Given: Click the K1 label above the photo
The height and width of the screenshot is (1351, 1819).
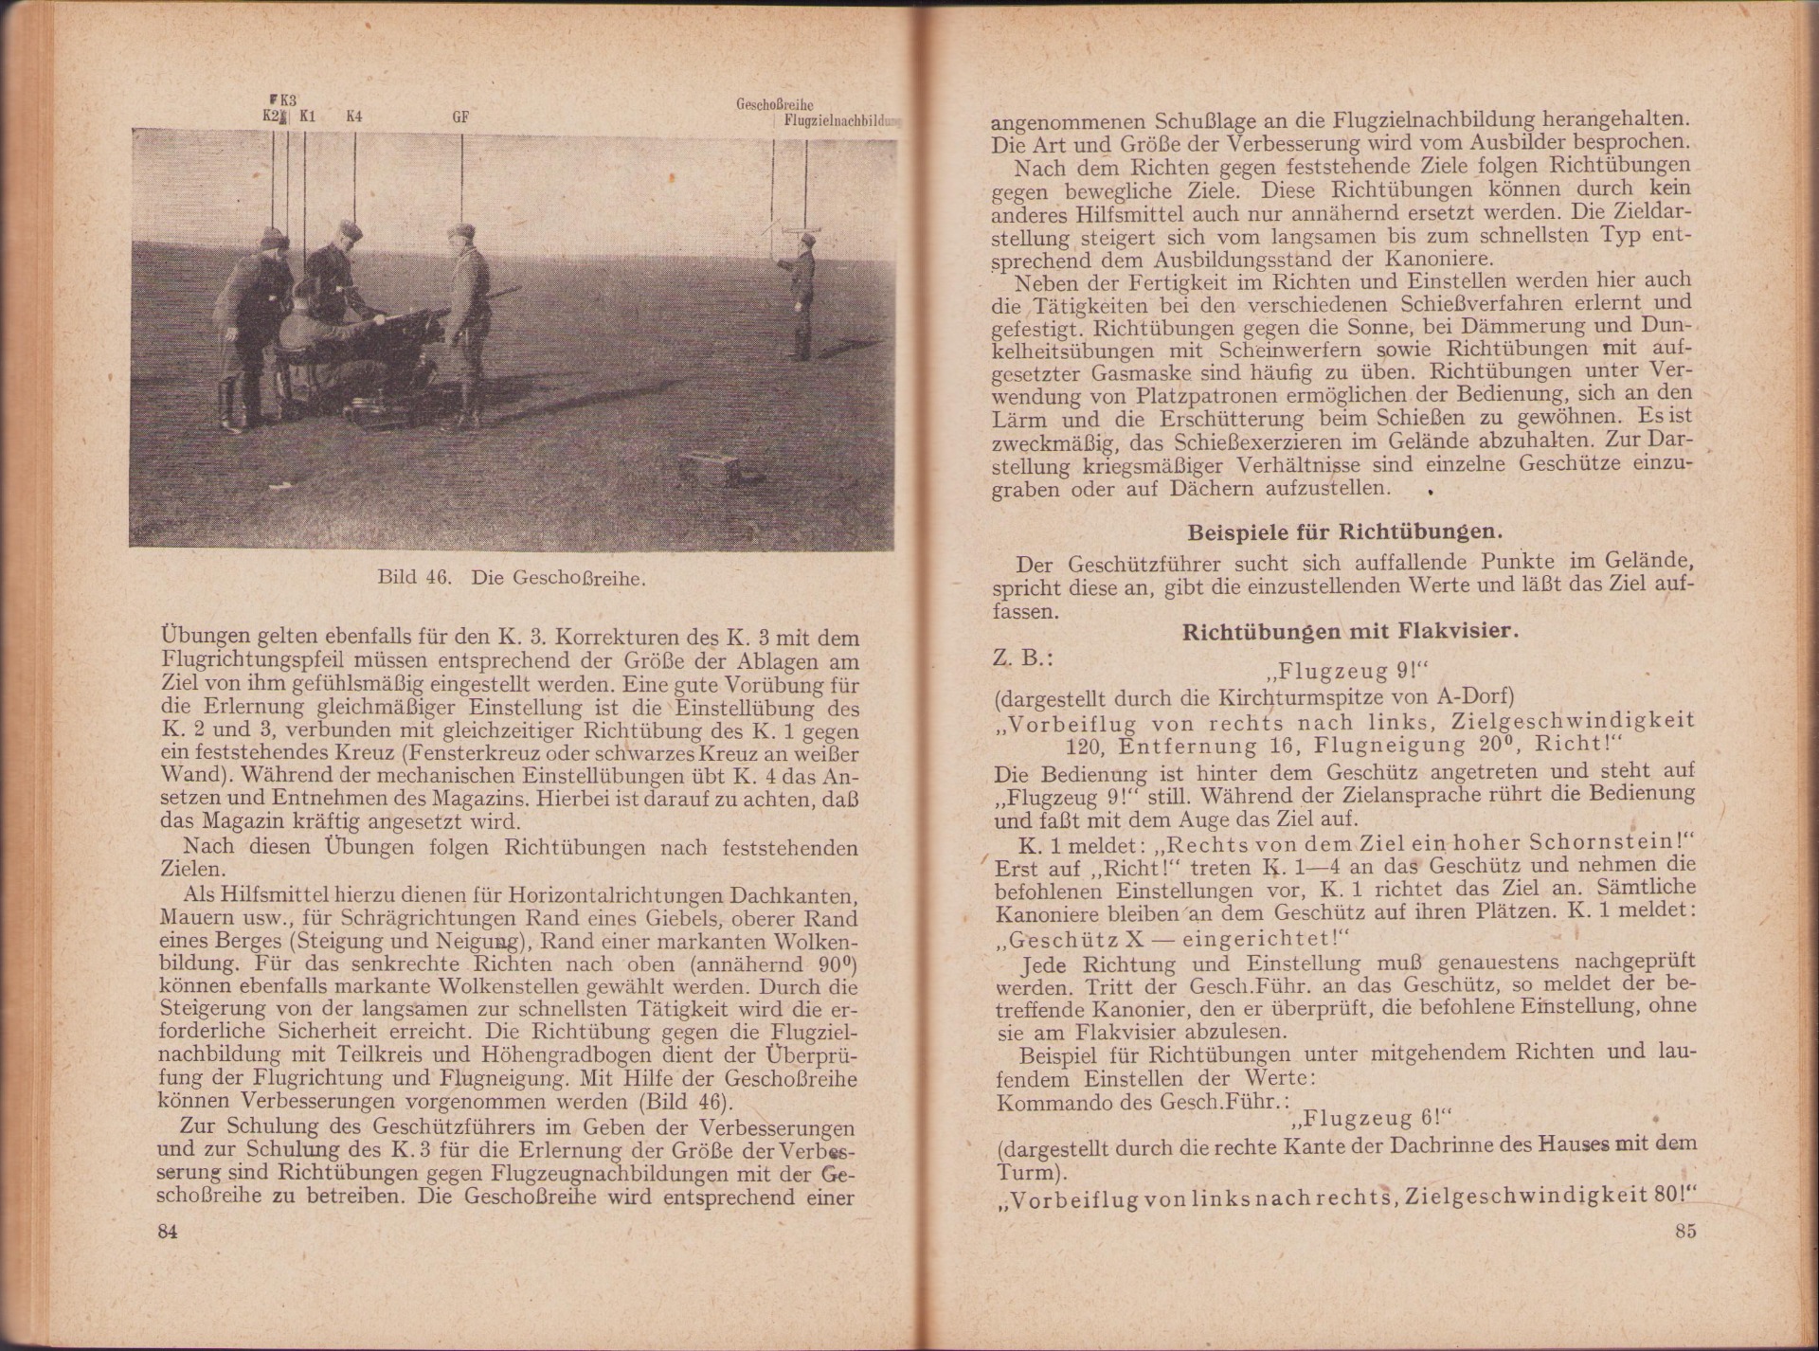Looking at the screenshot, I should pyautogui.click(x=307, y=117).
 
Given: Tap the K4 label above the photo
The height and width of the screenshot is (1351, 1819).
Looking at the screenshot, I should pyautogui.click(x=354, y=117).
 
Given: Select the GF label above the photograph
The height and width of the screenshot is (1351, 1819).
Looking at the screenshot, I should pyautogui.click(x=461, y=117).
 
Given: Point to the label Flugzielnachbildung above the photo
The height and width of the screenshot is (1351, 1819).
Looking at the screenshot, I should pyautogui.click(x=837, y=120).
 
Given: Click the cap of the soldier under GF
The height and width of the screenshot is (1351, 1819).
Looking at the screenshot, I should pyautogui.click(x=463, y=231).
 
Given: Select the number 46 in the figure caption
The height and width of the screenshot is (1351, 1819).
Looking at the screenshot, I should pyautogui.click(x=436, y=577).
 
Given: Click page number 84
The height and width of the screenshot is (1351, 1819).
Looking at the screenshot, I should pyautogui.click(x=168, y=1231).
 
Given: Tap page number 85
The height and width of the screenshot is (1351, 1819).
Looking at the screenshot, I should pyautogui.click(x=1684, y=1231).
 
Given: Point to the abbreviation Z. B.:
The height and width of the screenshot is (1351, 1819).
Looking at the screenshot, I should pyautogui.click(x=1018, y=657).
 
